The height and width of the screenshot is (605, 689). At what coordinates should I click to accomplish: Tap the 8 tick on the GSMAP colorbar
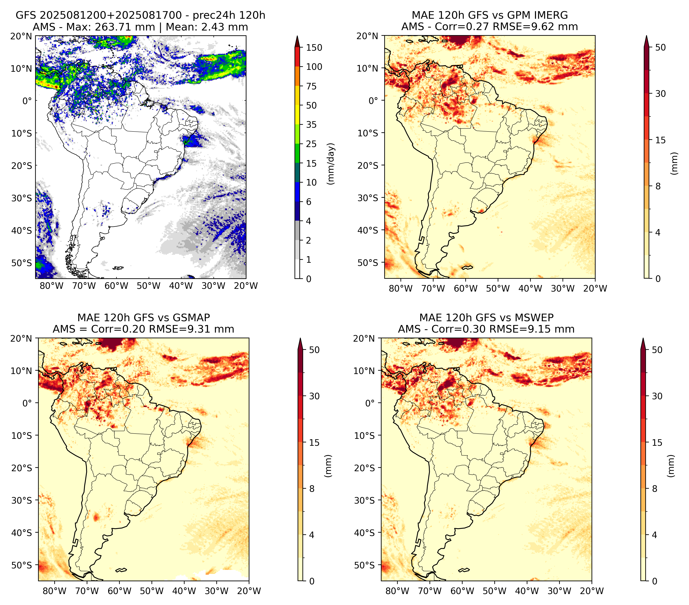click(x=312, y=489)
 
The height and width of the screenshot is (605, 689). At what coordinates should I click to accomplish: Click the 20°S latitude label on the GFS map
click(x=22, y=166)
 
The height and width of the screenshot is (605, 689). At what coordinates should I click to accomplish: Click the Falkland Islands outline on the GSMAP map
click(x=121, y=570)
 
